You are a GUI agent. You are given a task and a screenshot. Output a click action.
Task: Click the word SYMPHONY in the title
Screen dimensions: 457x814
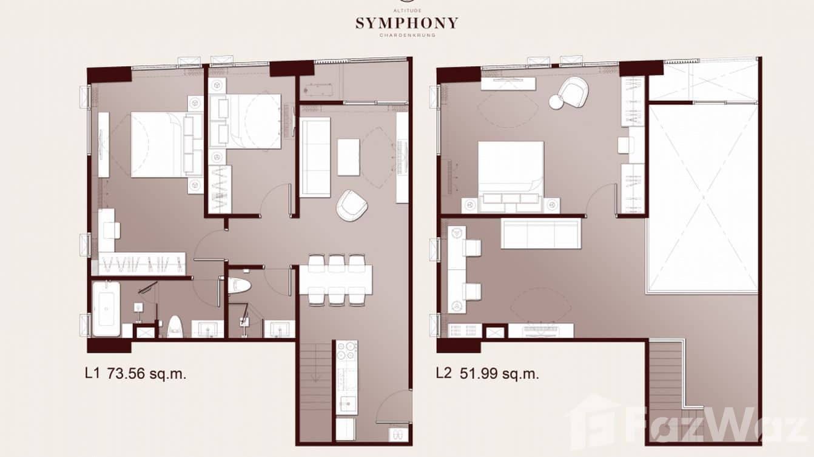[x=406, y=24]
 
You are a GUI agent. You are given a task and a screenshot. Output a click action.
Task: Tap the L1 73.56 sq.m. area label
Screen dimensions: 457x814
[x=135, y=373]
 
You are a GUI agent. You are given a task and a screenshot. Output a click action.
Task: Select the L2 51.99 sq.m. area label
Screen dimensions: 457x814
[x=487, y=373]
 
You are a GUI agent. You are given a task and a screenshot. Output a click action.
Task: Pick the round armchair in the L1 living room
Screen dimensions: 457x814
[x=352, y=205]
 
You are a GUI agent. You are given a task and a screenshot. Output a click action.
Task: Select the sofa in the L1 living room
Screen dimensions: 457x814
[x=315, y=157]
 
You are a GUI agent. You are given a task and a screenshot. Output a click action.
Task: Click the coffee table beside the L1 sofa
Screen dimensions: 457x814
[x=348, y=157]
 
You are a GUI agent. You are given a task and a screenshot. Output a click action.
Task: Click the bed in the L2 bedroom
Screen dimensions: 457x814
[x=511, y=169]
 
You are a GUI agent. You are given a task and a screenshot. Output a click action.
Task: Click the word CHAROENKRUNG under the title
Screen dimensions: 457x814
[x=406, y=36]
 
